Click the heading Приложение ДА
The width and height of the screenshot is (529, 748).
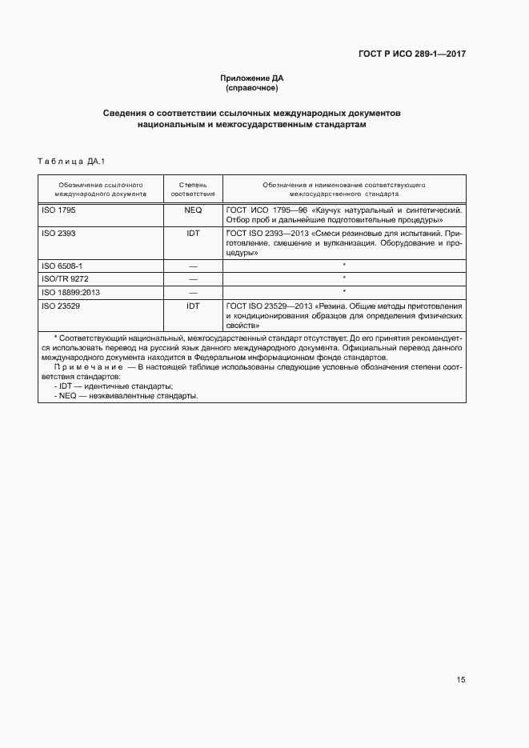[x=252, y=78]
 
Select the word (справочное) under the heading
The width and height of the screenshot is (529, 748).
[x=252, y=87]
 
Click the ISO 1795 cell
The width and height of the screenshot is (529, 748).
[x=58, y=209]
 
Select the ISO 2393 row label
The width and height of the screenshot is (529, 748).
[x=58, y=233]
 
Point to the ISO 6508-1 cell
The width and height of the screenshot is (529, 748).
[x=62, y=265]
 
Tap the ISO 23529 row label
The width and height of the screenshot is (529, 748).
[x=60, y=306]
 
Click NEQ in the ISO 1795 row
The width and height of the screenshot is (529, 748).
[x=193, y=209]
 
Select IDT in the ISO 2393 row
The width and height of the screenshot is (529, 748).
[x=193, y=233]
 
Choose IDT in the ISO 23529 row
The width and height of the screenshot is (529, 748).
[x=193, y=306]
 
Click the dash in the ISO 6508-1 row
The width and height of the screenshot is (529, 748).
[x=193, y=265]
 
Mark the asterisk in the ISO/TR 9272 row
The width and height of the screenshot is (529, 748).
[x=343, y=278]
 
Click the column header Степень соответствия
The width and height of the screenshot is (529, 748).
[x=193, y=189]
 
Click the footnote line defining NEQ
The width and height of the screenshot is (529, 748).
[x=125, y=396]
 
